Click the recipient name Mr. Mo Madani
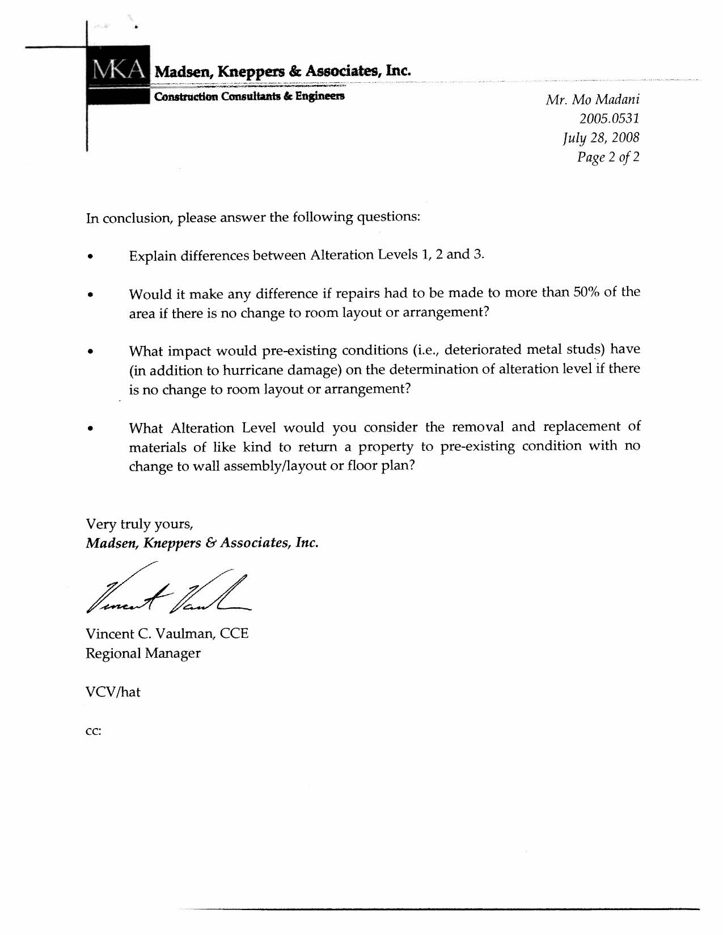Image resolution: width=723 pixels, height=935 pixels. (x=593, y=100)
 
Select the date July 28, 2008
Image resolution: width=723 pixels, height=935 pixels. (x=601, y=138)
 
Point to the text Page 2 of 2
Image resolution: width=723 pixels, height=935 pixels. (x=608, y=157)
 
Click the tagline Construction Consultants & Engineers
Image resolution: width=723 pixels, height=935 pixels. (x=249, y=96)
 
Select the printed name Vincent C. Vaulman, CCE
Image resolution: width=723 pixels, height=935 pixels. (x=167, y=633)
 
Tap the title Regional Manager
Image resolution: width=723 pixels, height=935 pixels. (x=143, y=653)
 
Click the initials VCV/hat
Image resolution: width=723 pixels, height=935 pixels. (x=113, y=692)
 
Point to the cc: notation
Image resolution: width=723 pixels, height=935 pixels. (x=93, y=731)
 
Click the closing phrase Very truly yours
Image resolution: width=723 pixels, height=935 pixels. (x=139, y=523)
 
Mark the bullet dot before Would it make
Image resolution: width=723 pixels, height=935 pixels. (x=90, y=295)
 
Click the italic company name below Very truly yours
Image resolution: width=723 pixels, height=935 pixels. (x=202, y=543)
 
